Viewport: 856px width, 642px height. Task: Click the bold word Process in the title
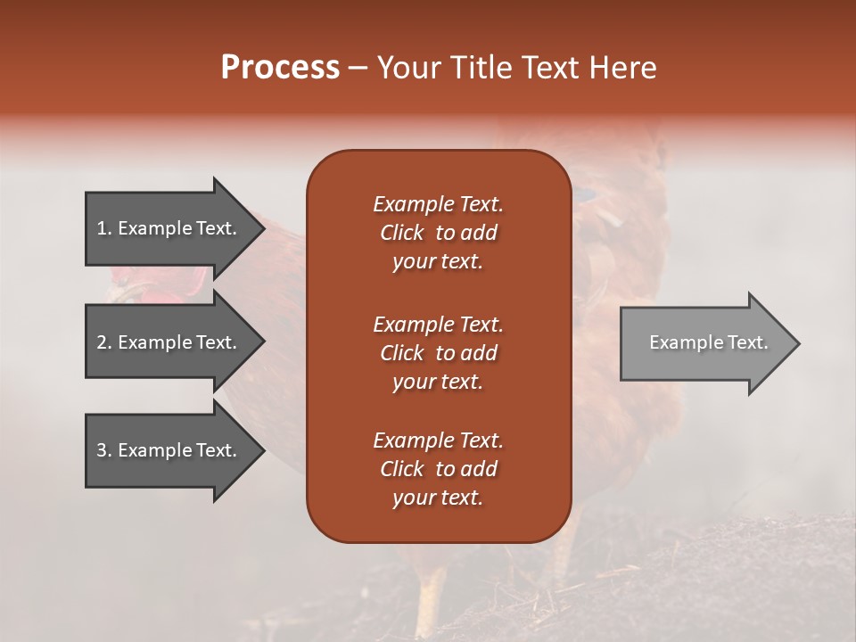tap(280, 68)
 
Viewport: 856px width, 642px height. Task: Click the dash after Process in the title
tap(358, 69)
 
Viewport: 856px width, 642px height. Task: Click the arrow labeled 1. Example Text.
tap(169, 228)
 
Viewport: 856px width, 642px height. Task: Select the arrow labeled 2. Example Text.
tap(169, 342)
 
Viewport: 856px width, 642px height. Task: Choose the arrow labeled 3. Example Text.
tap(169, 450)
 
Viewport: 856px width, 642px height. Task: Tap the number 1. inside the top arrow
tap(104, 228)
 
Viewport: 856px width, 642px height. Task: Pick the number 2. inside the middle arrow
tap(104, 342)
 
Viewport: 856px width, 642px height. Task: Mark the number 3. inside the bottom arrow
tap(104, 450)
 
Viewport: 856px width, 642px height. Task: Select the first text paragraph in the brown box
tap(438, 233)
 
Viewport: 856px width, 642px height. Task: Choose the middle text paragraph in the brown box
tap(438, 352)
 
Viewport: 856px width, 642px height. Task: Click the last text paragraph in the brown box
tap(438, 469)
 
